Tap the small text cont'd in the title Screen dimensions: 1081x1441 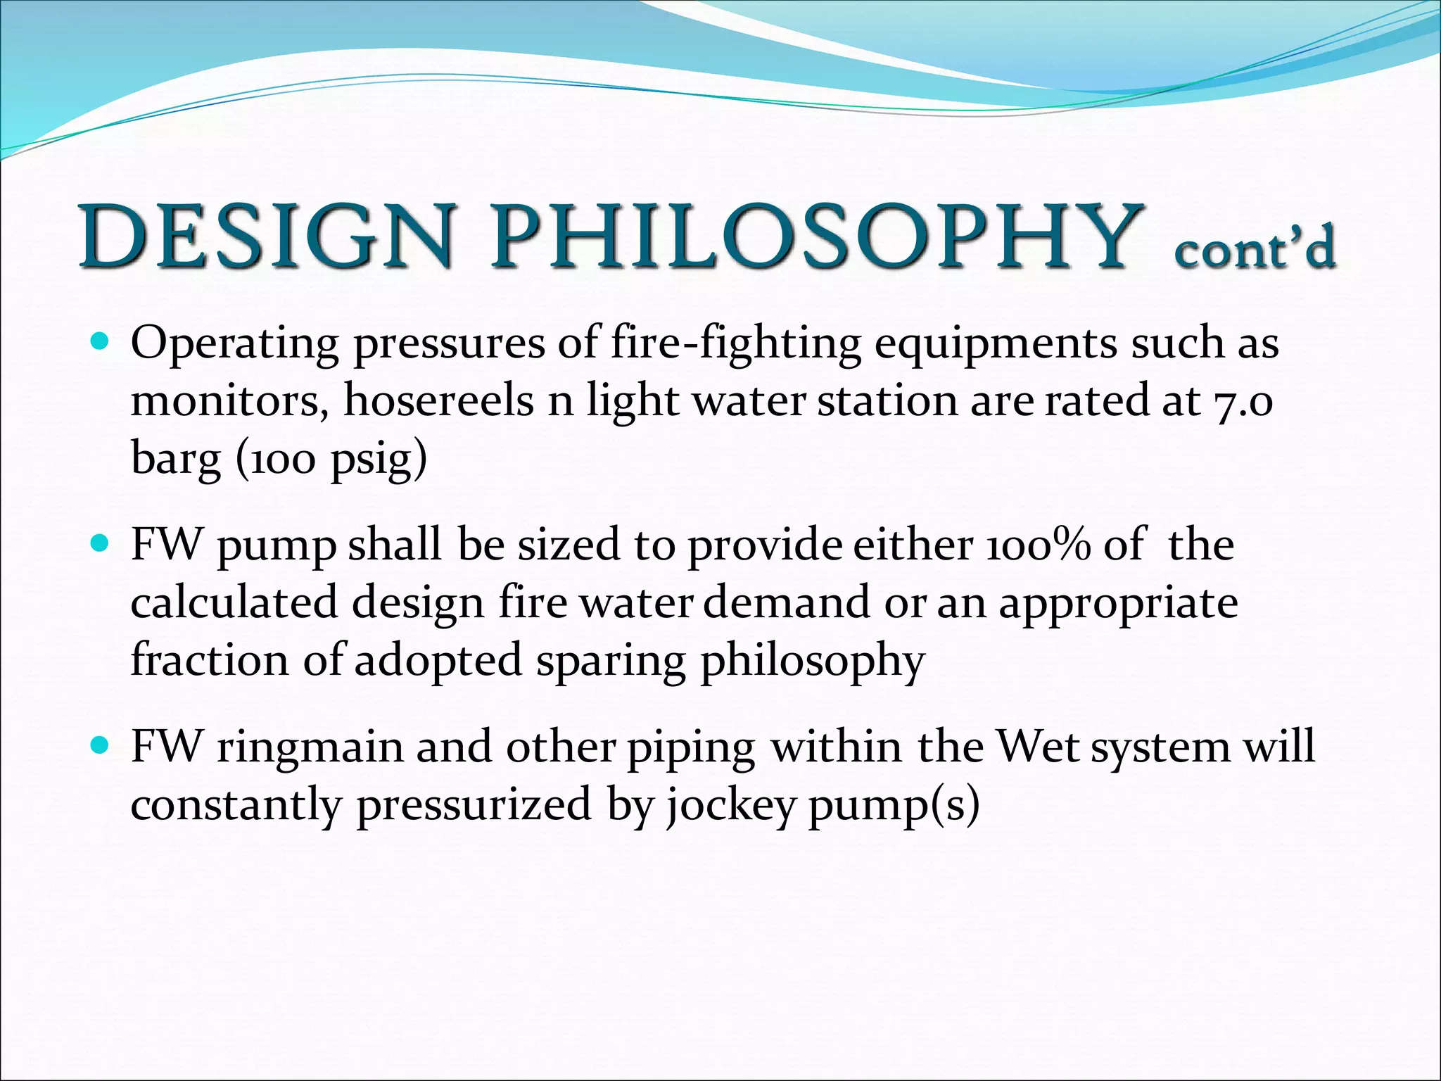1255,248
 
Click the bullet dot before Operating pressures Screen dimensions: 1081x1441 100,343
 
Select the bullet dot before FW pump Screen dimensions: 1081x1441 100,545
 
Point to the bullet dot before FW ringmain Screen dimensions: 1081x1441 100,745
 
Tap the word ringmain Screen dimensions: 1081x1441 310,747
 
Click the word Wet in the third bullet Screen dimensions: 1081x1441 1038,747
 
